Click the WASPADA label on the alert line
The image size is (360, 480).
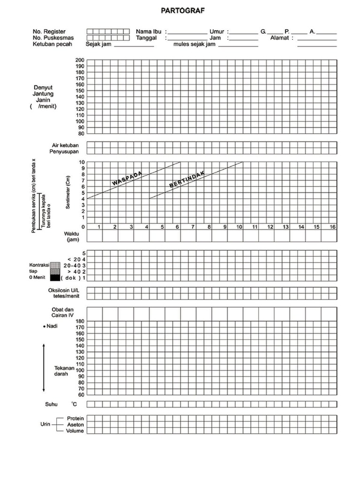[127, 178]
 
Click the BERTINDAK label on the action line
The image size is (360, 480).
[187, 178]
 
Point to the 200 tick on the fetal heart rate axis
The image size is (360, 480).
[80, 60]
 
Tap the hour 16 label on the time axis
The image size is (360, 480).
[332, 227]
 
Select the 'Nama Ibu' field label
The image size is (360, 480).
[149, 31]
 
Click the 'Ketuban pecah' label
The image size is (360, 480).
[53, 45]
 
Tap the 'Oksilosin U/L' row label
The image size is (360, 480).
[65, 291]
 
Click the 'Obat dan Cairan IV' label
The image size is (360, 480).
[63, 312]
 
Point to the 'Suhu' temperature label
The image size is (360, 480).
[51, 404]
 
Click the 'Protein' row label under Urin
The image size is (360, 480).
[75, 418]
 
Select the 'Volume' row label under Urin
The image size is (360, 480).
[75, 430]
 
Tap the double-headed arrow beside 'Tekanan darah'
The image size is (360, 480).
[44, 367]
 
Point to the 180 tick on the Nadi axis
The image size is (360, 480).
[80, 322]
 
